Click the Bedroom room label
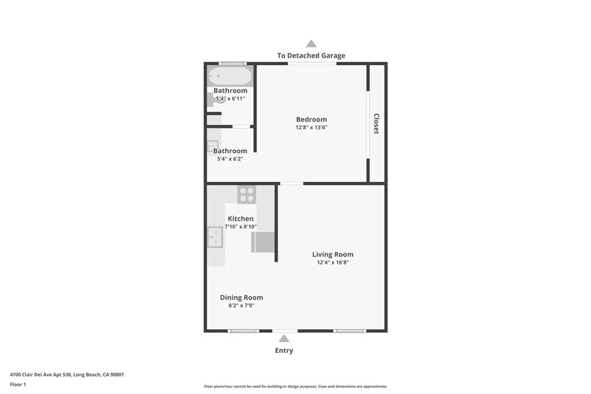pos(312,119)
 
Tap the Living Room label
pos(332,254)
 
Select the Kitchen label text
pos(241,219)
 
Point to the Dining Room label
pos(241,298)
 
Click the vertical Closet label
pos(376,123)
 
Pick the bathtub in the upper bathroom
pos(230,76)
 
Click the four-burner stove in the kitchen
pos(247,194)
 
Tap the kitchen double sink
pos(215,237)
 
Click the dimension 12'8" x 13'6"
pos(312,127)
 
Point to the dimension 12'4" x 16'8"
pos(332,262)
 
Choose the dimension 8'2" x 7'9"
pos(241,306)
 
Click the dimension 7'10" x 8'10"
pos(241,227)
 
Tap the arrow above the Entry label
pos(284,339)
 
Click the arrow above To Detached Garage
pos(311,43)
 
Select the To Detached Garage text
pos(311,56)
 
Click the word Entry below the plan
pos(284,350)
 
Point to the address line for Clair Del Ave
pos(67,374)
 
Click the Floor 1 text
pos(18,384)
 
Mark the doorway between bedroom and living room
pos(291,183)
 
